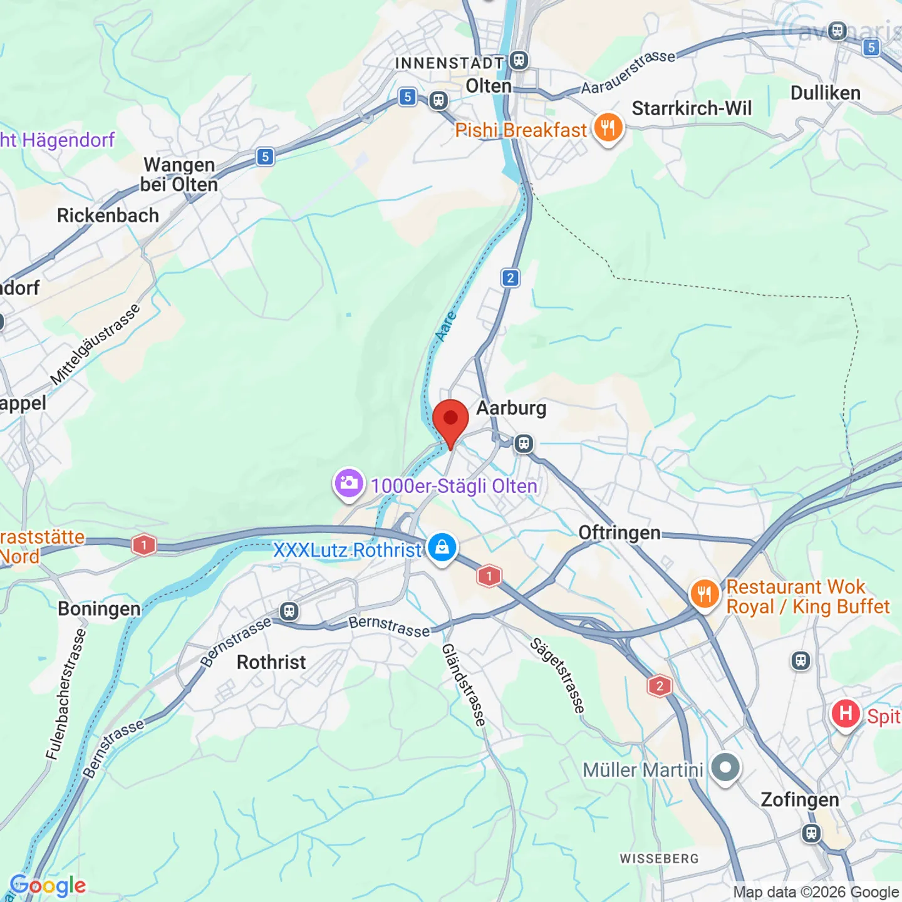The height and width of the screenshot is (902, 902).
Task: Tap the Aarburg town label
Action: tap(511, 408)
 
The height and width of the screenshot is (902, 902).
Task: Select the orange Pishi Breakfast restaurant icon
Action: tap(608, 128)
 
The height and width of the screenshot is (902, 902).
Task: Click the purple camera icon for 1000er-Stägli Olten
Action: tap(349, 484)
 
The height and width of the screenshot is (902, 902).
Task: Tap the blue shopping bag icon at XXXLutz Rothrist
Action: tap(442, 547)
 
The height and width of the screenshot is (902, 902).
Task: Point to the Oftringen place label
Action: tap(619, 532)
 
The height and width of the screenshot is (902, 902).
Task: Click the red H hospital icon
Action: tap(846, 713)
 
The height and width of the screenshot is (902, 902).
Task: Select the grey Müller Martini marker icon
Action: tap(725, 768)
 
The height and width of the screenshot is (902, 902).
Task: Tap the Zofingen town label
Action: tap(799, 800)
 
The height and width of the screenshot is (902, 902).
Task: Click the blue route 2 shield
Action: tap(511, 277)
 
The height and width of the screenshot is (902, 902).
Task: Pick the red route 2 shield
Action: tap(659, 686)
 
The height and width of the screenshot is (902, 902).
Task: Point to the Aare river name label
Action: tap(445, 326)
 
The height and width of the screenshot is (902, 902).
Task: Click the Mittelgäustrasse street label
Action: tap(95, 345)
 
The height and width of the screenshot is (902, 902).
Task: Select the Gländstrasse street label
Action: tap(464, 685)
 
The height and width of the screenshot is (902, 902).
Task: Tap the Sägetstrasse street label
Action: tap(557, 675)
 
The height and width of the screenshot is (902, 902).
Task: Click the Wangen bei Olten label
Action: tap(179, 175)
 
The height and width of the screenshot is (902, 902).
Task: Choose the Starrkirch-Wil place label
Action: tap(692, 108)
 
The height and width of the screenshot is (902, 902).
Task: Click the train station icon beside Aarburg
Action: tap(524, 444)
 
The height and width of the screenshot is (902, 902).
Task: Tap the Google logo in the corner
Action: tap(48, 885)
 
